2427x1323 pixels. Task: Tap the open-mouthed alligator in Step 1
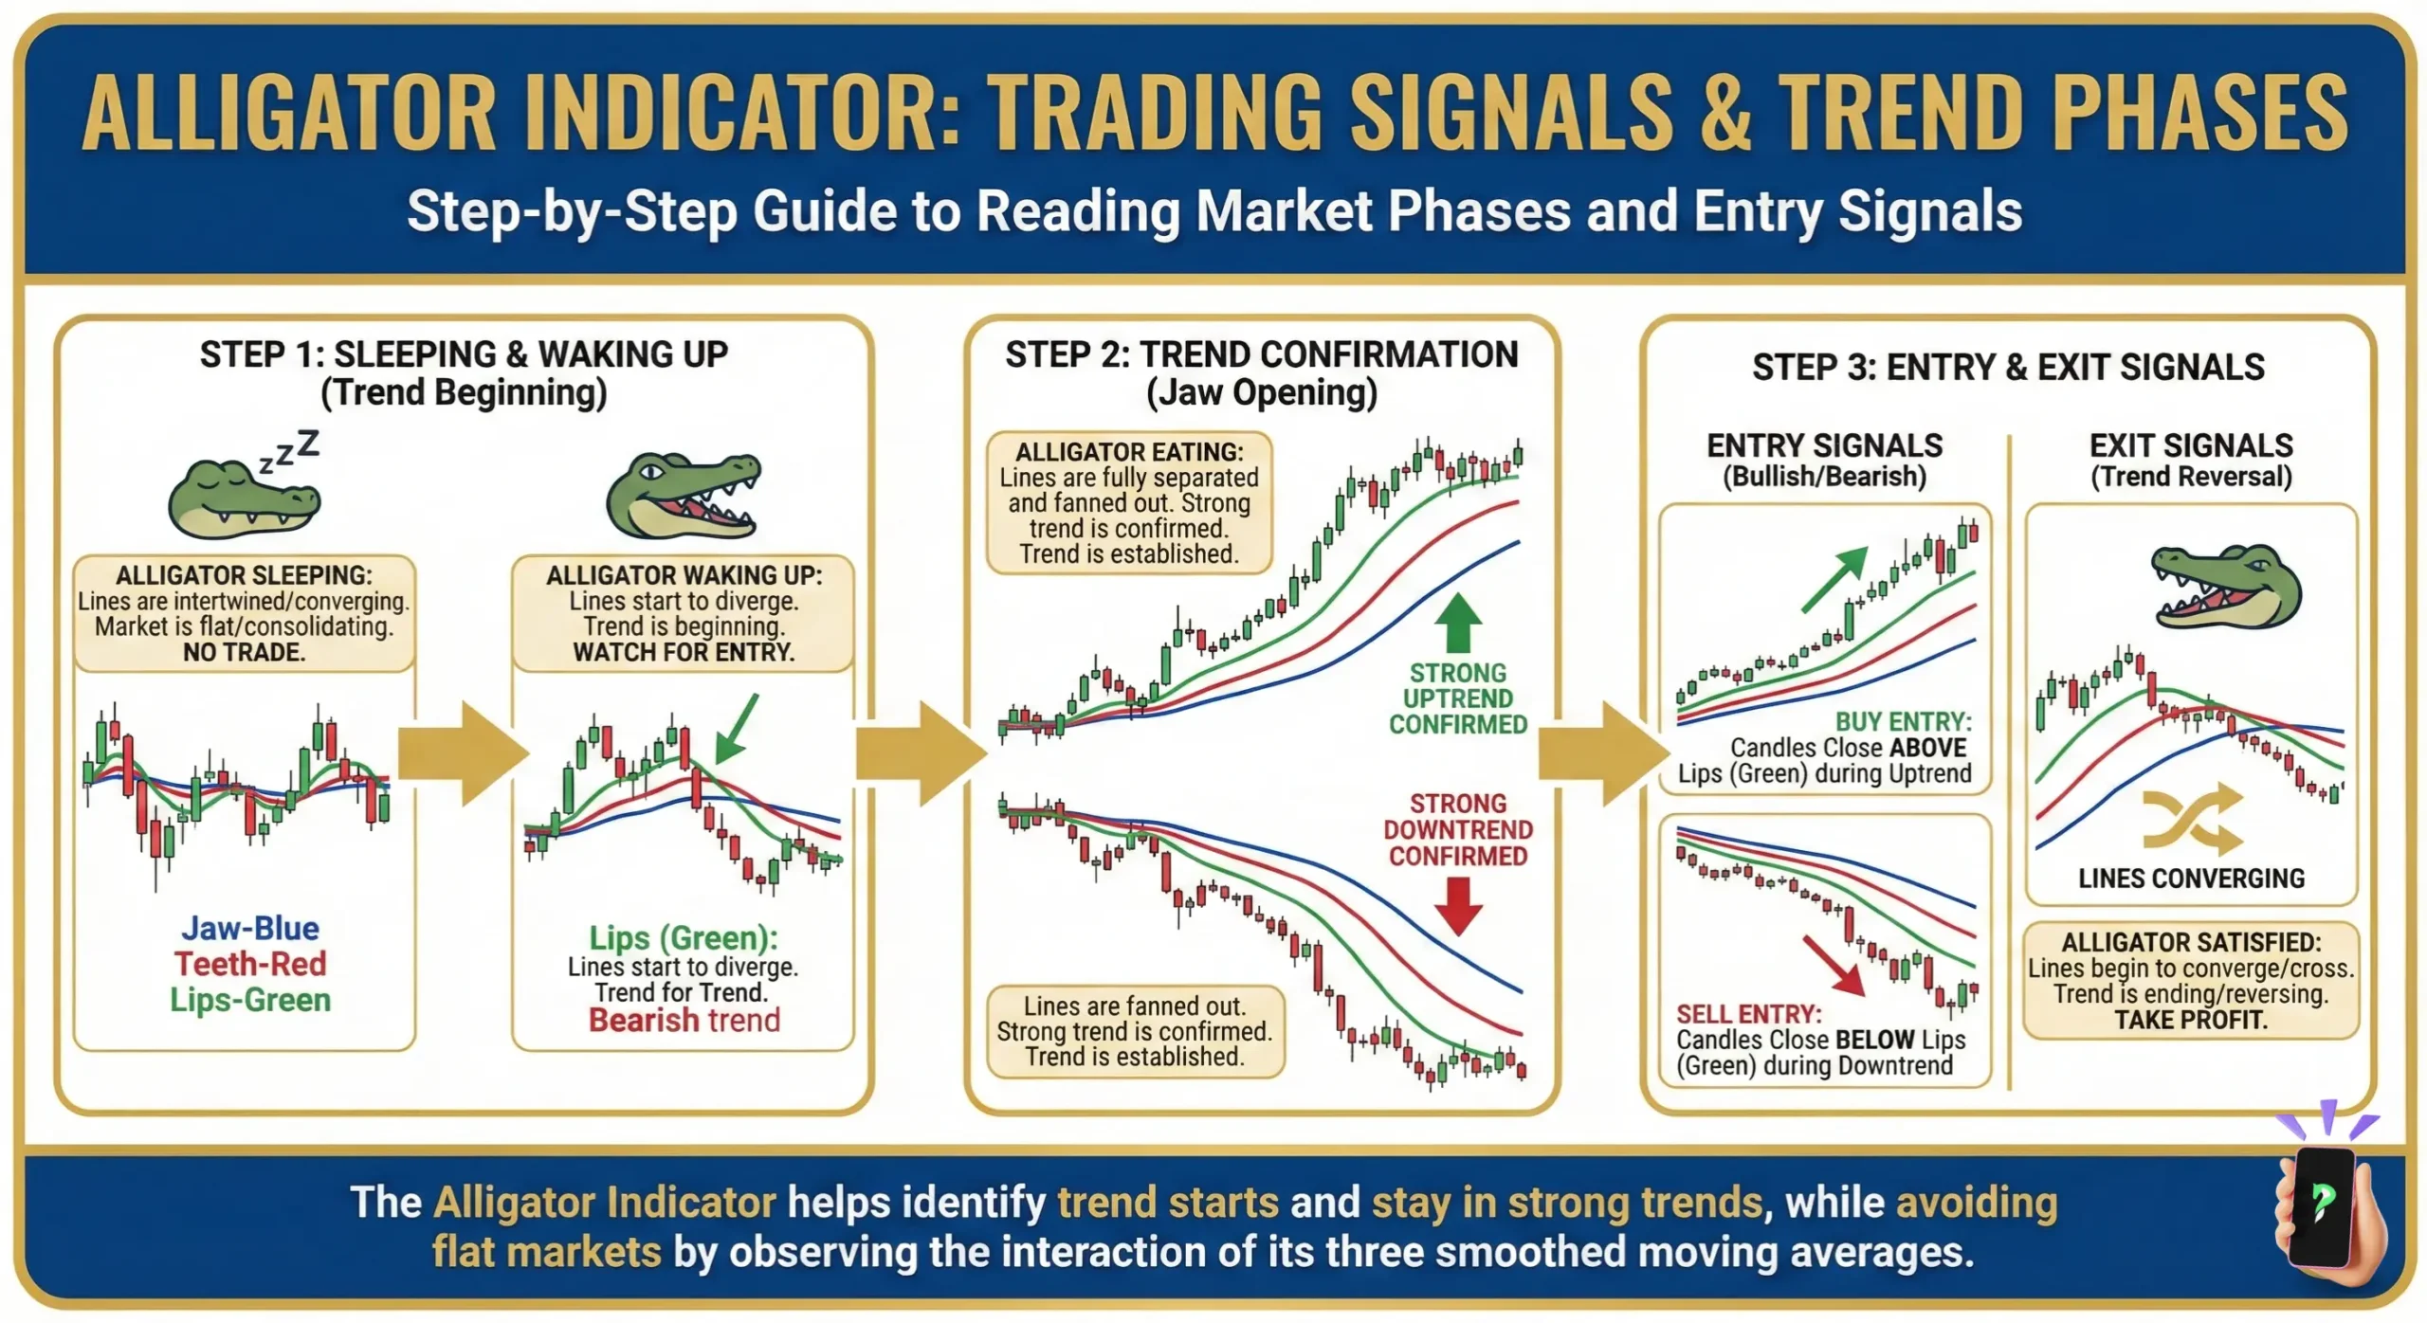pyautogui.click(x=683, y=497)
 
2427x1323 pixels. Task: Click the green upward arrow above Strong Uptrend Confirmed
pyautogui.click(x=1457, y=622)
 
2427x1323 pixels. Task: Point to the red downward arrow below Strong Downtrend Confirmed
pyautogui.click(x=1457, y=905)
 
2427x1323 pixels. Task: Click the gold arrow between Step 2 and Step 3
pyautogui.click(x=1602, y=754)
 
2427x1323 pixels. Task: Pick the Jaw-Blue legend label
pyautogui.click(x=250, y=928)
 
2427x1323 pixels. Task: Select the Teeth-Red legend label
pyautogui.click(x=250, y=964)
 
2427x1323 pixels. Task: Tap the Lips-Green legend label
pyautogui.click(x=250, y=1000)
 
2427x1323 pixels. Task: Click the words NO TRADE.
pyautogui.click(x=244, y=652)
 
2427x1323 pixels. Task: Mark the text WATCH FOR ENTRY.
pyautogui.click(x=683, y=652)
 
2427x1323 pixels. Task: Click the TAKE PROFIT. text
pyautogui.click(x=2191, y=1020)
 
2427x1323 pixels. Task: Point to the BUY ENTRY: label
pyautogui.click(x=1903, y=721)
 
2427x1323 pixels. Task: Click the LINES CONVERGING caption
pyautogui.click(x=2191, y=879)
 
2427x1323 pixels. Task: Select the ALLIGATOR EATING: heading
pyautogui.click(x=1128, y=452)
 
